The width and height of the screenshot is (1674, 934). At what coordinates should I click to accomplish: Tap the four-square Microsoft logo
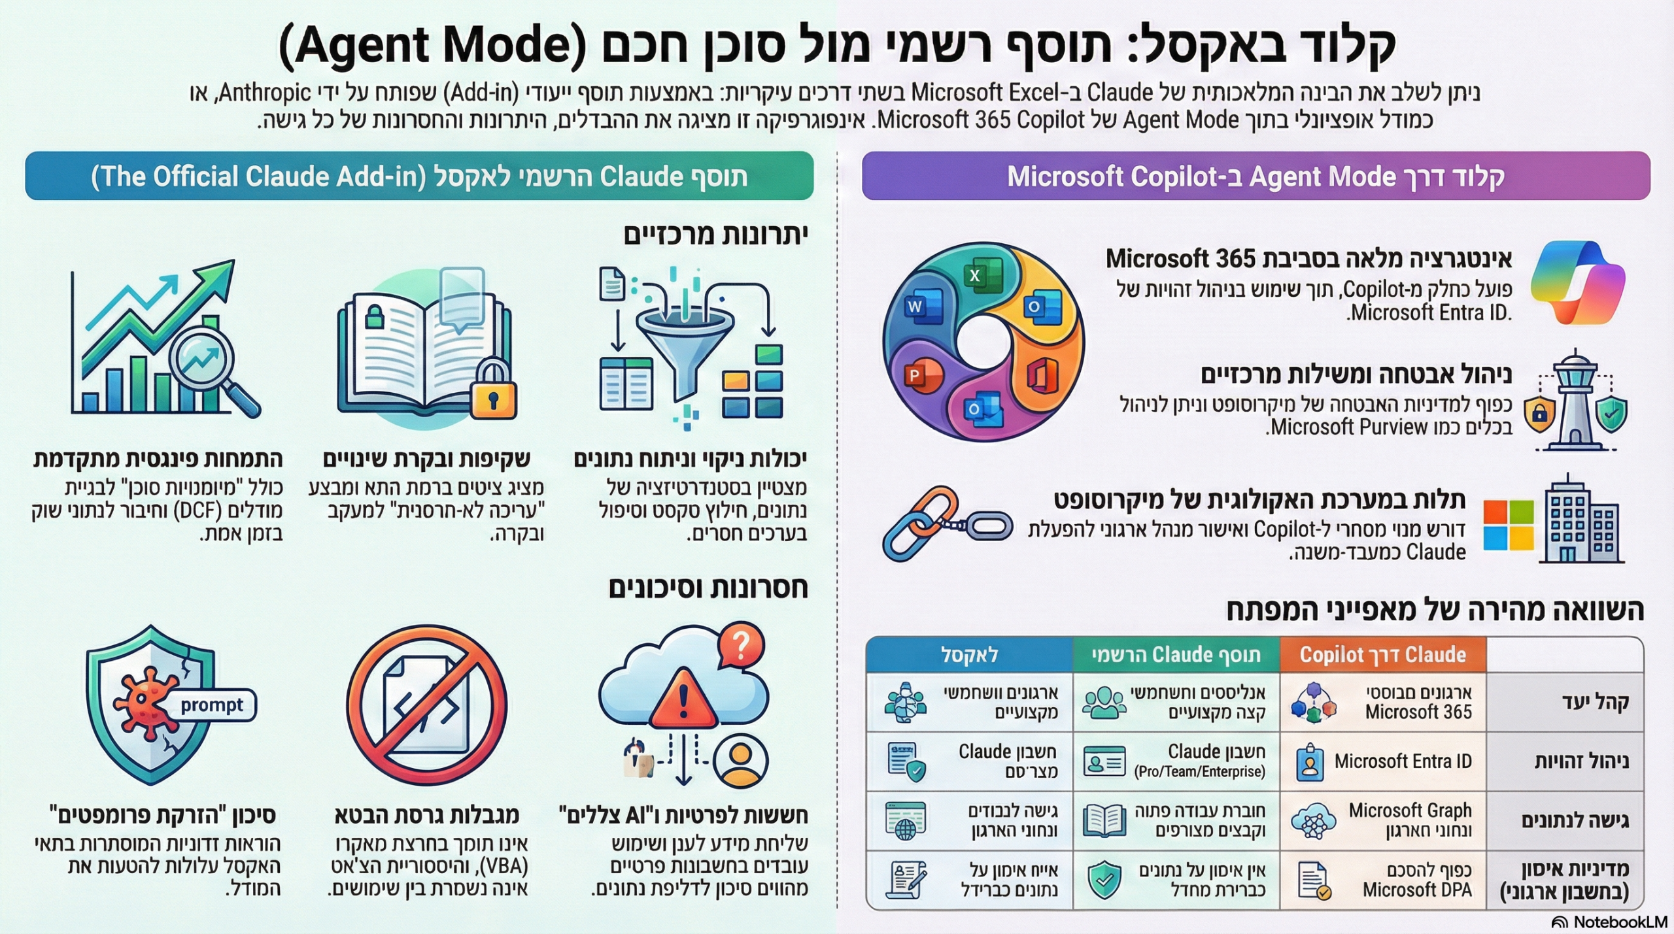(1508, 525)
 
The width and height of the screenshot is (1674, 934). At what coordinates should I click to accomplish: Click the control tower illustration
(1575, 402)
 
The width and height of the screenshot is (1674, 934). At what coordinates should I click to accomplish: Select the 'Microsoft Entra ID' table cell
(1402, 761)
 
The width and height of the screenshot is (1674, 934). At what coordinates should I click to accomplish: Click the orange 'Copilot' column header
(1382, 655)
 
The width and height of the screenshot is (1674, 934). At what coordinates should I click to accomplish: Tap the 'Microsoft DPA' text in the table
(1417, 890)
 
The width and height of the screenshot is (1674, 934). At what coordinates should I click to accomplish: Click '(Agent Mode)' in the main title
(432, 46)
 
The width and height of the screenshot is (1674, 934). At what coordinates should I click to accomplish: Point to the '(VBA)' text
(503, 867)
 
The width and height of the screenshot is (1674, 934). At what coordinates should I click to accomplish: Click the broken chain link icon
(945, 525)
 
